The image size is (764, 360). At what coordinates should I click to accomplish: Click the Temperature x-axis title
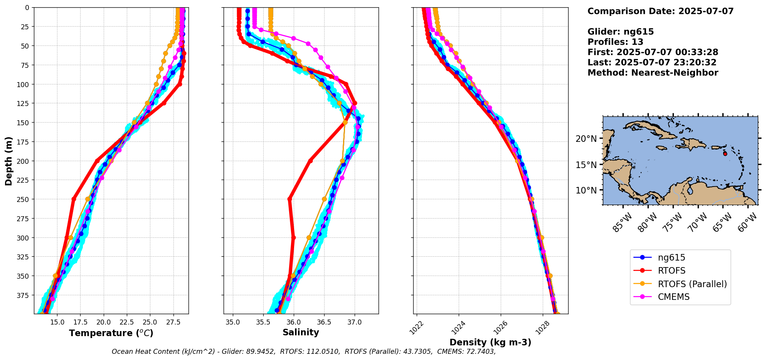click(x=111, y=333)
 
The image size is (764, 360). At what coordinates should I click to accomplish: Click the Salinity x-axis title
click(x=301, y=333)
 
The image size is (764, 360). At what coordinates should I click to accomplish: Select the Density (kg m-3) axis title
click(x=490, y=342)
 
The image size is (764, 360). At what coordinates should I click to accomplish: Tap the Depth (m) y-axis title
click(x=8, y=161)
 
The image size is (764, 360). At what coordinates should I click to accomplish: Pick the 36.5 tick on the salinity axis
click(x=324, y=321)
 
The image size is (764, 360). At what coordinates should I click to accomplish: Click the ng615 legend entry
click(x=671, y=257)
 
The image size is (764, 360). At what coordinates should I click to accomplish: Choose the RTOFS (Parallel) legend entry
click(x=692, y=284)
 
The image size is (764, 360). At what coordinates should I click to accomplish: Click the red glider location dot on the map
click(x=725, y=154)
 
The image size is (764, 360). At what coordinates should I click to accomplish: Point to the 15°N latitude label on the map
click(x=586, y=165)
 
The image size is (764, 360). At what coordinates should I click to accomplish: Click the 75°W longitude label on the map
click(x=672, y=222)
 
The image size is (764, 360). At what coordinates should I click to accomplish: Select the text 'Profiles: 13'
click(x=615, y=42)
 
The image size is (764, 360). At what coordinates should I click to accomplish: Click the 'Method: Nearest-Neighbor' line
click(x=653, y=73)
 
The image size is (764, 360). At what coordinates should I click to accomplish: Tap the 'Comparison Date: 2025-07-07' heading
click(x=660, y=11)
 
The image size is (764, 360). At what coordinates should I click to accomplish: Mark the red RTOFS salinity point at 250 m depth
click(x=289, y=199)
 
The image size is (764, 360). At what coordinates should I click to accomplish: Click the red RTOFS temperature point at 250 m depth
click(x=74, y=199)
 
